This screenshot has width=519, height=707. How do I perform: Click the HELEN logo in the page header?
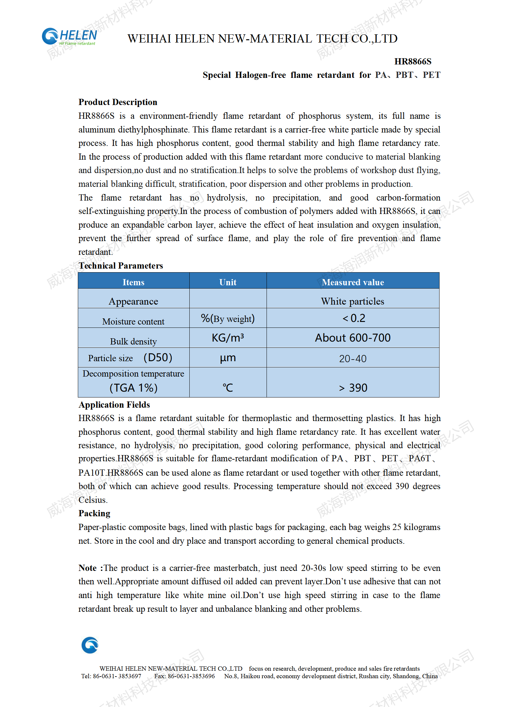69,37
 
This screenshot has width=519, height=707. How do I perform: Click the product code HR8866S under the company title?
413,62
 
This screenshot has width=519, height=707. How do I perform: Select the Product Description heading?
118,102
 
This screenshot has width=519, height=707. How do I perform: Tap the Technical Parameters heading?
121,266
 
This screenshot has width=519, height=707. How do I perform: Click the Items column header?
133,282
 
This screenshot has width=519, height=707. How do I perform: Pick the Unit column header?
228,282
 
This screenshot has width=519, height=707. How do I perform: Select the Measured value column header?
353,282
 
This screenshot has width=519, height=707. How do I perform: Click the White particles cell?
353,301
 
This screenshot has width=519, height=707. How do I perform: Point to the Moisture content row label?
133,321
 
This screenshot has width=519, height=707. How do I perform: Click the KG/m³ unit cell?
228,338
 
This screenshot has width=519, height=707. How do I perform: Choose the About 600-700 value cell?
353,338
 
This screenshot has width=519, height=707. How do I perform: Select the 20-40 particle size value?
353,359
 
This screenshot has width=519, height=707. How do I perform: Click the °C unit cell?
228,388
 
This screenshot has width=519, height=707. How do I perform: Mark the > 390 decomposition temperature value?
353,388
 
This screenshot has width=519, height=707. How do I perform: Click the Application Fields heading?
114,405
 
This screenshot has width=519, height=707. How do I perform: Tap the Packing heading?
94,513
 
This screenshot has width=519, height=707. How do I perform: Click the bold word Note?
88,568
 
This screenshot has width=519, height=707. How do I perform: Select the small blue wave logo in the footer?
90,645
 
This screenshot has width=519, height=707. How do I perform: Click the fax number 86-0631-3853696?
191,676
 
